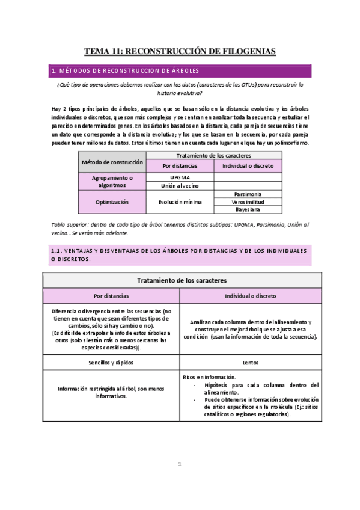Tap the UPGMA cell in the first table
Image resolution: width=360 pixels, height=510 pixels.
tap(180, 178)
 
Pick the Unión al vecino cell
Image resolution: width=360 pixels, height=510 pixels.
tap(180, 186)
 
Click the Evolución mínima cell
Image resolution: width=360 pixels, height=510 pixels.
tap(180, 203)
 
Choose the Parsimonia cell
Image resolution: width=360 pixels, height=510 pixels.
tap(248, 195)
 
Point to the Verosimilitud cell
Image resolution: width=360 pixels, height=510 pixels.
tap(248, 203)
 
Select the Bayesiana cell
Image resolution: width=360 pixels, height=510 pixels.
tap(248, 210)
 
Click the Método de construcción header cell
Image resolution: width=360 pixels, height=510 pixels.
tap(112, 162)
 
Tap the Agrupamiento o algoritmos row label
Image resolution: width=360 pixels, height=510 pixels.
tap(112, 182)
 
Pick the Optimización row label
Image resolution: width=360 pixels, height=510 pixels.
tap(112, 203)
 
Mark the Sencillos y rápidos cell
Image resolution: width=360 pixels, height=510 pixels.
tap(111, 363)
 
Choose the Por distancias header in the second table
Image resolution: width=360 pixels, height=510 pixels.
tap(111, 296)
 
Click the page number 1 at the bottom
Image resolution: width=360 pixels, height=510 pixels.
tap(180, 464)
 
